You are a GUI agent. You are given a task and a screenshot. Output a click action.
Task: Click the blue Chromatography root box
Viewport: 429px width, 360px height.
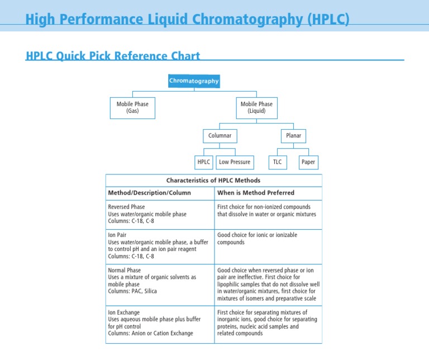pos(194,81)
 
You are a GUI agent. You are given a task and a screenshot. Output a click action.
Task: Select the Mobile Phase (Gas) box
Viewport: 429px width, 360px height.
pos(132,108)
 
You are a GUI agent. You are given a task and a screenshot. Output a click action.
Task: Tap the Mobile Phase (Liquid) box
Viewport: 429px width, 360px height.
pos(256,108)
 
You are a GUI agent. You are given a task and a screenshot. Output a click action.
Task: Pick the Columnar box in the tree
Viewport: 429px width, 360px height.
pos(220,136)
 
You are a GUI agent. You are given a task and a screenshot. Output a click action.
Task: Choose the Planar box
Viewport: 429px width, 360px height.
pos(294,136)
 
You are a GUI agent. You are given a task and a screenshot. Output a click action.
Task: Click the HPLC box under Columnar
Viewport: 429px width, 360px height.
pos(203,162)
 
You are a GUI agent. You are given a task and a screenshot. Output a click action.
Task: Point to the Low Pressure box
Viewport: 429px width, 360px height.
pos(235,162)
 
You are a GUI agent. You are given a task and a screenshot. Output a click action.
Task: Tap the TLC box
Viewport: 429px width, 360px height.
pos(278,162)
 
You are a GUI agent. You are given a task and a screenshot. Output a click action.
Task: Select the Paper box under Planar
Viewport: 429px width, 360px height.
pos(308,162)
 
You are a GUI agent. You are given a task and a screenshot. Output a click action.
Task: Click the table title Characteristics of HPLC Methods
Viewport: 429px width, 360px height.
pos(213,181)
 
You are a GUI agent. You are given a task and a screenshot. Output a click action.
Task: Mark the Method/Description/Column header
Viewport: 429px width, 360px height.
pos(149,193)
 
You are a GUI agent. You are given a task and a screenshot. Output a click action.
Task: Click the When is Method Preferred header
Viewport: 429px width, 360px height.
pos(256,193)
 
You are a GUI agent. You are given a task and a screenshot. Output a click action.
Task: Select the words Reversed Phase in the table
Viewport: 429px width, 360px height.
pos(126,207)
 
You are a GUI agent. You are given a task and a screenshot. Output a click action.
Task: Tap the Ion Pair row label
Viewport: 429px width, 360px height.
pos(117,235)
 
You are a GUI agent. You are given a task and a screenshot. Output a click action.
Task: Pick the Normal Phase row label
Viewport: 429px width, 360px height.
pos(124,270)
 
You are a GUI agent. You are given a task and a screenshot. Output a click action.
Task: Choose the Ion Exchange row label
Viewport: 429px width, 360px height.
pos(123,312)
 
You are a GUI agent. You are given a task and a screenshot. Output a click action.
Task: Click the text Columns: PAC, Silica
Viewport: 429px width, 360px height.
pos(132,291)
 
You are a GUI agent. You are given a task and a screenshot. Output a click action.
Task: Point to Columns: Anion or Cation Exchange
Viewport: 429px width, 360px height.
pos(150,333)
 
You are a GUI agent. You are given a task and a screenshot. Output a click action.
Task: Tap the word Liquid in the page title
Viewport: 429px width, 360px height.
pos(168,20)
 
